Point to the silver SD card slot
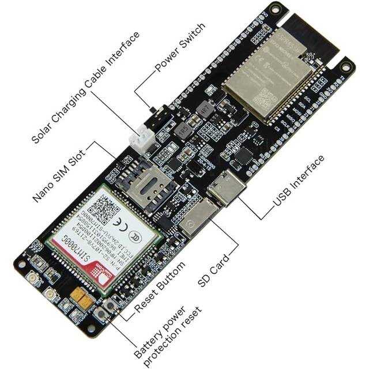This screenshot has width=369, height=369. pyautogui.click(x=199, y=218)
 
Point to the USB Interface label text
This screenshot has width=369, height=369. pyautogui.click(x=299, y=182)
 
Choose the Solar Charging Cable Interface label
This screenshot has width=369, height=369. pyautogui.click(x=84, y=86)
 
